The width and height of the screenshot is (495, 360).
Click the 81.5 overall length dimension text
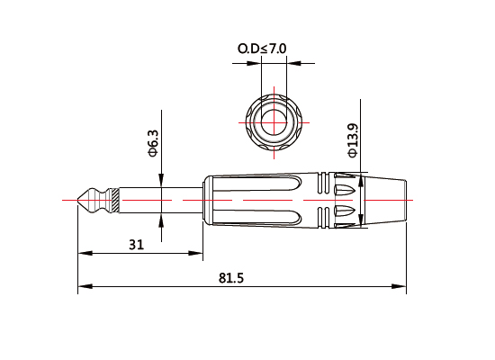(x=230, y=278)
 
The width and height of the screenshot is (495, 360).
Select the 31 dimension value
(x=136, y=244)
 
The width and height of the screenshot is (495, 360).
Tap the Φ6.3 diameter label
(x=153, y=142)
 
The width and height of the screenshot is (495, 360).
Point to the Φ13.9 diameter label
(x=352, y=138)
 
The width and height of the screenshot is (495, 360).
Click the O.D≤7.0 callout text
(x=262, y=47)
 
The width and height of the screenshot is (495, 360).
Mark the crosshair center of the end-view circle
(x=274, y=121)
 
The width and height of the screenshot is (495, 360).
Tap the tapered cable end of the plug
(x=387, y=199)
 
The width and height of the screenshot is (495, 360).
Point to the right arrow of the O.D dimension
(x=292, y=63)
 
